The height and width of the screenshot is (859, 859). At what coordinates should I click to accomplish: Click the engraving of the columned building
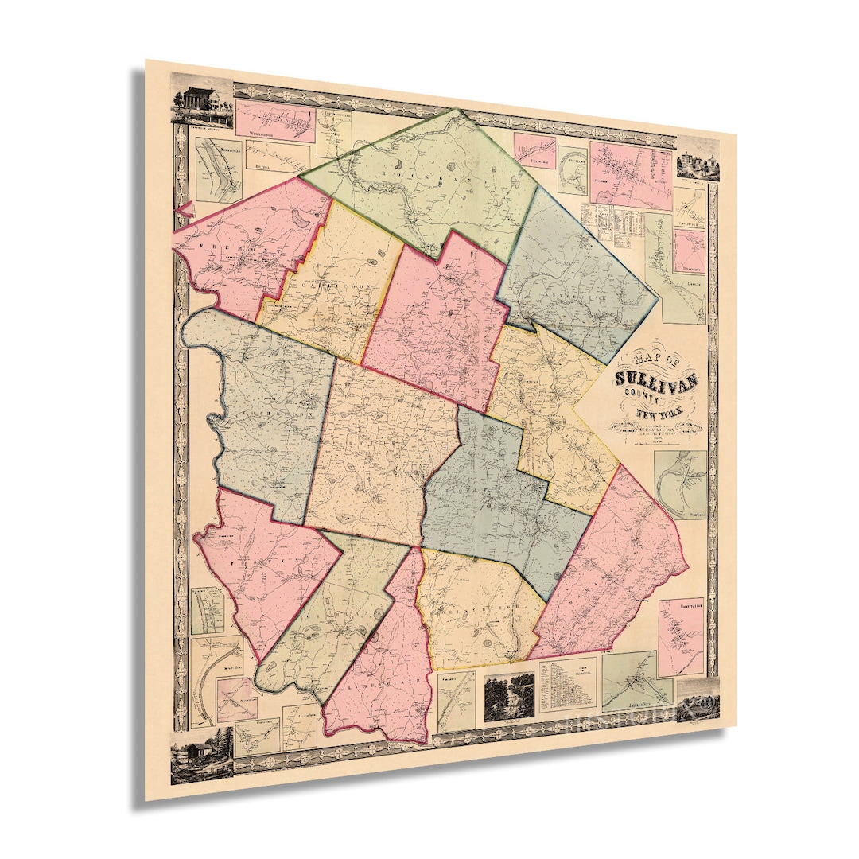200,102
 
